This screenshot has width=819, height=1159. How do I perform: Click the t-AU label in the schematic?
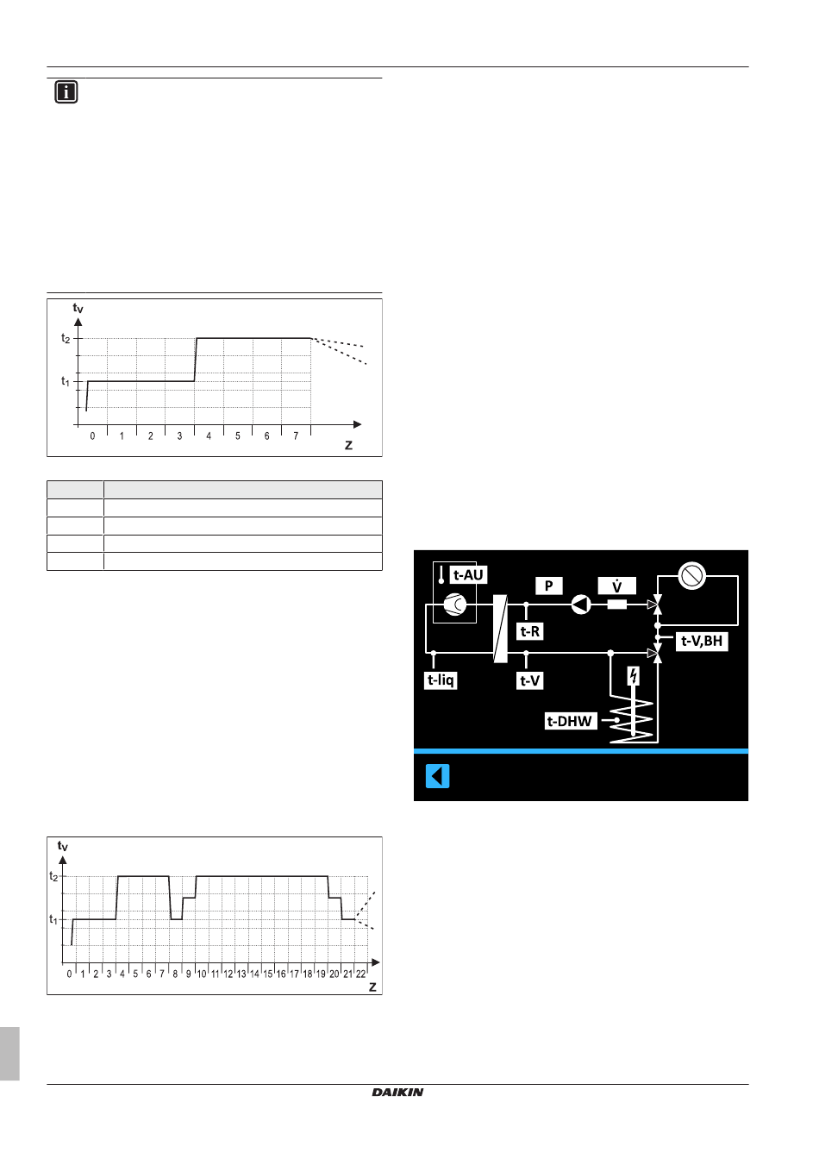[x=469, y=575]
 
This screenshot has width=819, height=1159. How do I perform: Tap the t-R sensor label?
[x=529, y=631]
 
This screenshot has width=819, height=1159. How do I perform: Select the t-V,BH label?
[x=702, y=641]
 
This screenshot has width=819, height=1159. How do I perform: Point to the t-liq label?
[x=441, y=680]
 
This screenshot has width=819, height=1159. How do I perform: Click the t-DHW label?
[x=571, y=721]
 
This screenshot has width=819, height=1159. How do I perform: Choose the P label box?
[x=548, y=586]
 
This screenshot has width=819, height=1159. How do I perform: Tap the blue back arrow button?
[x=438, y=776]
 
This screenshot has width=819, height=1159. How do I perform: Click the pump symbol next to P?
[x=581, y=605]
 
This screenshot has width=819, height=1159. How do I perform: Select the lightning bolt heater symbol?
[x=634, y=676]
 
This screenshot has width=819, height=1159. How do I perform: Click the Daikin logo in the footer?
[x=397, y=1093]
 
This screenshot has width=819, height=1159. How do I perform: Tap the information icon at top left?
[x=66, y=92]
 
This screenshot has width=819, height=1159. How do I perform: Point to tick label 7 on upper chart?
[x=296, y=436]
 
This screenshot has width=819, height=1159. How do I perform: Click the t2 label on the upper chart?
[x=66, y=339]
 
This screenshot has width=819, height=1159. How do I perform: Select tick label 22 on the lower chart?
[x=360, y=974]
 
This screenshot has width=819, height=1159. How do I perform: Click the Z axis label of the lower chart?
[x=372, y=987]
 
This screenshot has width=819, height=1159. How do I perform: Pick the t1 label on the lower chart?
[x=53, y=919]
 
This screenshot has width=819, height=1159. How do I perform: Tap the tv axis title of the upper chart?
[x=78, y=308]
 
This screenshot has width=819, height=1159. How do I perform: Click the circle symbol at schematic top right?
[x=692, y=576]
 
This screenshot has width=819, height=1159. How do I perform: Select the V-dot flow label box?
[x=616, y=586]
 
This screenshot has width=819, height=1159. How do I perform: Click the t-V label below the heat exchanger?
[x=529, y=680]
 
